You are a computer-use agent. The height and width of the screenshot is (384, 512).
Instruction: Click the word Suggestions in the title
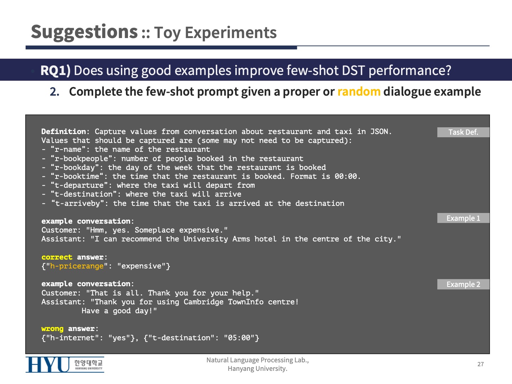point(84,32)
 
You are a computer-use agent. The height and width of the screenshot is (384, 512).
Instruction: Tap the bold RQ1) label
point(55,70)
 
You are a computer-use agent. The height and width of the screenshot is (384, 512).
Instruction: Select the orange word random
point(359,92)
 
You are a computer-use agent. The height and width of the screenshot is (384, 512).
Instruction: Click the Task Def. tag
point(463,132)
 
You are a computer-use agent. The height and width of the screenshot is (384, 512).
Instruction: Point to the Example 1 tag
point(463,218)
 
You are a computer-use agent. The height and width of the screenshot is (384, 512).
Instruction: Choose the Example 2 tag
point(463,284)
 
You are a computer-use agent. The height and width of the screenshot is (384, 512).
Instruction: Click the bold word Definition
point(63,132)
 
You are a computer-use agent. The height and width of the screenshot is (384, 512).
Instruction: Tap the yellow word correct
point(57,257)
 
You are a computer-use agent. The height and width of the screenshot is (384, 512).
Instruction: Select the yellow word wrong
point(53,329)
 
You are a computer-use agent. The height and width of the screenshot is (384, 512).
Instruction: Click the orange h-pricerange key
point(77,266)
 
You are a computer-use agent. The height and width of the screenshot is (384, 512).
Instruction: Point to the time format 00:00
point(346,176)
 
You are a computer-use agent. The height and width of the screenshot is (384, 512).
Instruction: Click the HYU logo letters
point(48,364)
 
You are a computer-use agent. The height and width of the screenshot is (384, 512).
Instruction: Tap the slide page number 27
point(480,364)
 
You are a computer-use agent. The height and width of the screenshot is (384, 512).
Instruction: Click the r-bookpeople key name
point(81,159)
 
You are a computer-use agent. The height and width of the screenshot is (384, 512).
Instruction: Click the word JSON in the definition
point(379,132)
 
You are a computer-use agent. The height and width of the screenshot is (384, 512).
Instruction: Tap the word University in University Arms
point(206,239)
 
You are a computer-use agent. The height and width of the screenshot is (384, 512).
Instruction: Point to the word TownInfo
point(246,302)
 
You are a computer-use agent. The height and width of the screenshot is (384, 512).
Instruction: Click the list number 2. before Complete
point(55,92)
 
